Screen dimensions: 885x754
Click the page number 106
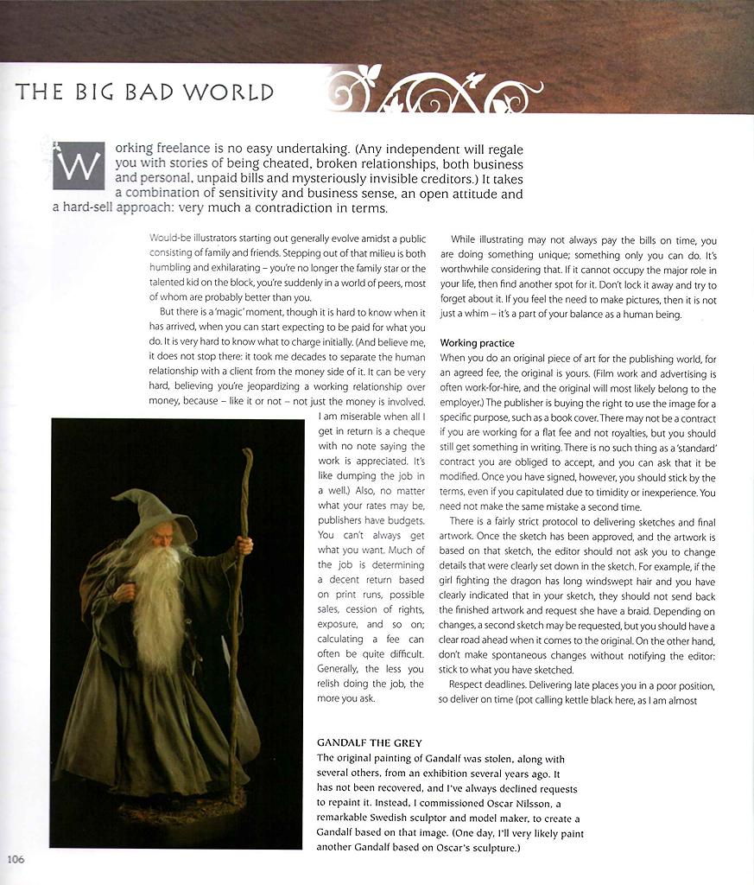(16, 859)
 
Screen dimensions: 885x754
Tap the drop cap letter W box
(79, 164)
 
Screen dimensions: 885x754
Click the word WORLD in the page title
(234, 92)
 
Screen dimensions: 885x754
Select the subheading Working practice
(478, 343)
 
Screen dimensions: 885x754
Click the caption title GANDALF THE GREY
(369, 742)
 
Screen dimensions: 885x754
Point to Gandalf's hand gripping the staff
(244, 545)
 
